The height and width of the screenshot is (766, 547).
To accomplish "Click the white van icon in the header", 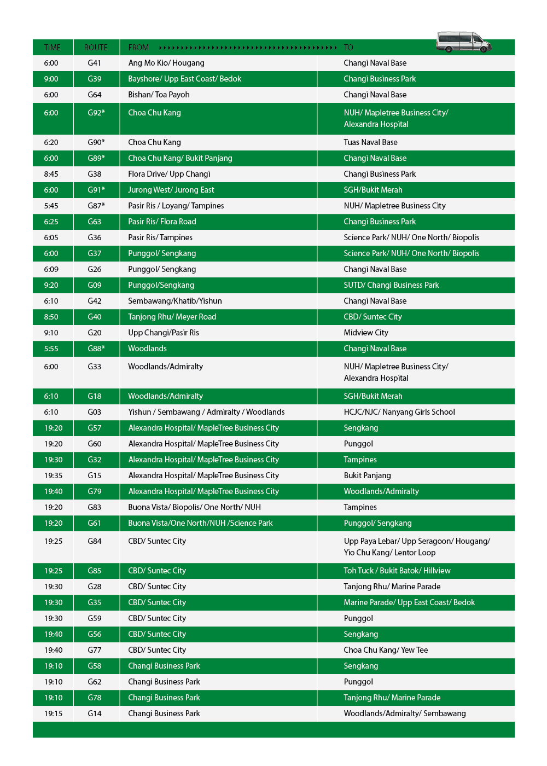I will [463, 42].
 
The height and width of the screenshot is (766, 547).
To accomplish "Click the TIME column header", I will [53, 48].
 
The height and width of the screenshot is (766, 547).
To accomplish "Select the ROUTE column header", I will [96, 48].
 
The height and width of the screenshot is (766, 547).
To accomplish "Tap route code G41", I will [94, 63].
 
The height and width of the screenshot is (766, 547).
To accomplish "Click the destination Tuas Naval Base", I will [370, 142].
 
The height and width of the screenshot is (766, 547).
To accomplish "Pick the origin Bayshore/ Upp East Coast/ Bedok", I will [184, 79].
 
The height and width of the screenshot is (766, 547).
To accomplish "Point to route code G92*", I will [96, 113].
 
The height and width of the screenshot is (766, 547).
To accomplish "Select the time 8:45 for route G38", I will [51, 174].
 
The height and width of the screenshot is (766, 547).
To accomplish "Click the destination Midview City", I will [366, 333].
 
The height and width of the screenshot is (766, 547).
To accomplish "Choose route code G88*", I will [96, 349].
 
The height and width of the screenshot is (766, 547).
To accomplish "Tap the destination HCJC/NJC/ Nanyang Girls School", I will [399, 412].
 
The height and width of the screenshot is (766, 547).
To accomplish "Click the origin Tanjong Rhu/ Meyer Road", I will [172, 317].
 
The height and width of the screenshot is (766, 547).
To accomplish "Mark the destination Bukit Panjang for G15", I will [367, 475].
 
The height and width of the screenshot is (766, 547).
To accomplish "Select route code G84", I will [94, 541].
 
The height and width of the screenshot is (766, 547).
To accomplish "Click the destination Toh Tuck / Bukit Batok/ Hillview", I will [397, 571].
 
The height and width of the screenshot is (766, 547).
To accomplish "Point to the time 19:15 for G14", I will [53, 713].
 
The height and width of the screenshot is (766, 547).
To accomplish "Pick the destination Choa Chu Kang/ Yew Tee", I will [386, 650].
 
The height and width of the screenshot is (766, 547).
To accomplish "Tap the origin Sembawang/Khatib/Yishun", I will [175, 301].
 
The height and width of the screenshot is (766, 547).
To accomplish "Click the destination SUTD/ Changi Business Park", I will [391, 285].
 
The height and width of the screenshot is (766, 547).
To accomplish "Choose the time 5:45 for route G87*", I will [51, 206].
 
